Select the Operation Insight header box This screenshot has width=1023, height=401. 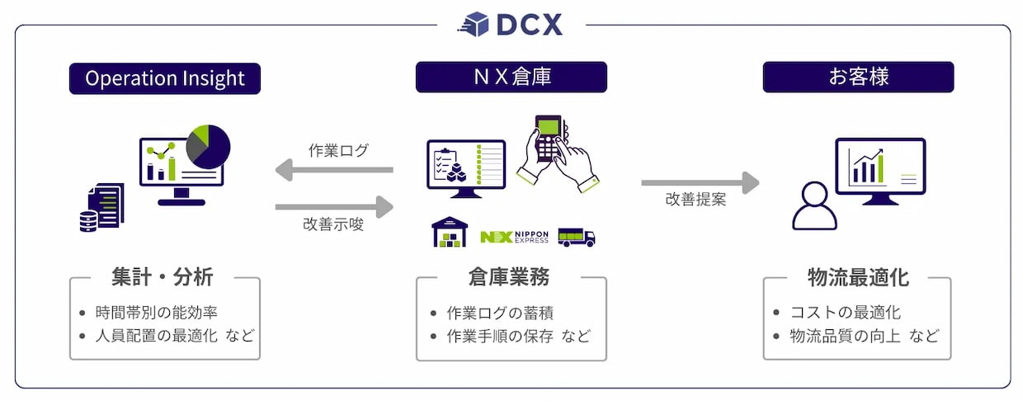165,78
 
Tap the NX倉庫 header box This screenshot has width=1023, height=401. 511,78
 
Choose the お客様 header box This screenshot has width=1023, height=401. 858,78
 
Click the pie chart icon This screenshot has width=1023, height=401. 208,146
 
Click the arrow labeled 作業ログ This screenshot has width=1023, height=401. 333,171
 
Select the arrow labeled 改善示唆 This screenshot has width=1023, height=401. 333,206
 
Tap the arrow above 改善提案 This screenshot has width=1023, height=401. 700,182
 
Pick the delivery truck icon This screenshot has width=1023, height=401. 576,237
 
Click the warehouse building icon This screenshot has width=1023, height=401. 450,233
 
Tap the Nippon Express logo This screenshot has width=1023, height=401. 514,237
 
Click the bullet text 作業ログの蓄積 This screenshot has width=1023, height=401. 500,313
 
